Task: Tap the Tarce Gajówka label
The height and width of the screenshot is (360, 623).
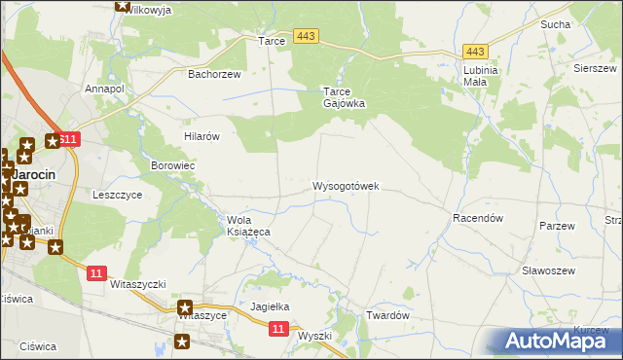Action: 344,96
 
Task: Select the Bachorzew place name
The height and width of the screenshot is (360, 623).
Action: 213,73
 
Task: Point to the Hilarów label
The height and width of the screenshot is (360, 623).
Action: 202,137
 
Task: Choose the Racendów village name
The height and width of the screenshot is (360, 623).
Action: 477,219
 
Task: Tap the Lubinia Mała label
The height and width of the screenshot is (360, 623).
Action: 481,76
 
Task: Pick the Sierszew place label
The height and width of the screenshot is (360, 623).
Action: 595,68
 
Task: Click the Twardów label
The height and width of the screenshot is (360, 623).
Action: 386,316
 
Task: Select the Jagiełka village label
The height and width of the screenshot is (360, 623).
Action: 271,306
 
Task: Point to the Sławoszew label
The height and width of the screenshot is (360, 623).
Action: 548,270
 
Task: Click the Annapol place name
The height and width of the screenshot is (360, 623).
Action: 105,89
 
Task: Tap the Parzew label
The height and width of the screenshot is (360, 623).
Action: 557,226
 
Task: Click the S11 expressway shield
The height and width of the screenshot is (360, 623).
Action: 66,140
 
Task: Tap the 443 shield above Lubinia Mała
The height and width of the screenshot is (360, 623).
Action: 475,52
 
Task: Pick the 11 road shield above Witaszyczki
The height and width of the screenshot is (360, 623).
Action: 95,273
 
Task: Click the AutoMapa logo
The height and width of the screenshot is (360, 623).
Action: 558,341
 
